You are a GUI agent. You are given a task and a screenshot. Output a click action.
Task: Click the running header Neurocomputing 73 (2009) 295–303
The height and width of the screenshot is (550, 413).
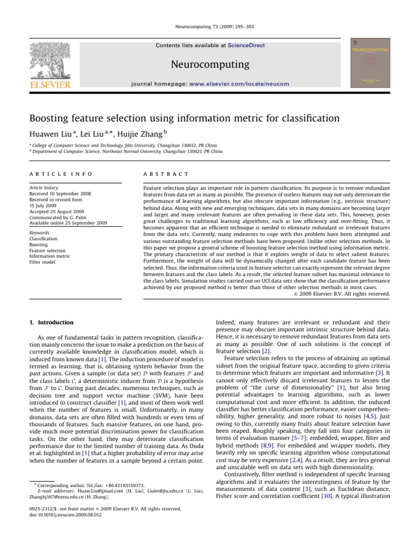pyautogui.click(x=206, y=26)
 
